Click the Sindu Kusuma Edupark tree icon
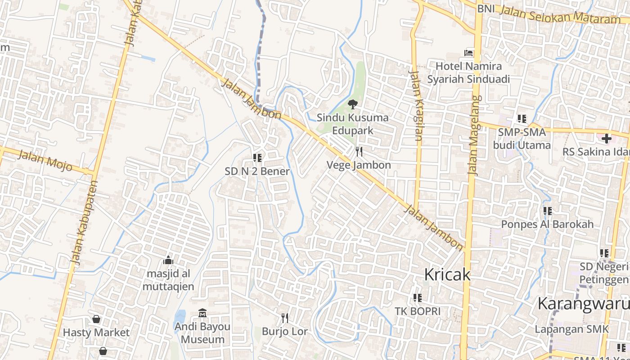pos(352,104)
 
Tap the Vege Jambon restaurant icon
pos(359,152)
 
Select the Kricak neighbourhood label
pos(447,274)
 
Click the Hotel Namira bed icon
pos(469,53)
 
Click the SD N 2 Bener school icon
pos(257,157)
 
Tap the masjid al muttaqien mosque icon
pos(168,260)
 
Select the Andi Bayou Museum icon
pos(202,313)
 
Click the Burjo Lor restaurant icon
pos(284,318)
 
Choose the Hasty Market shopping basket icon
pos(96,319)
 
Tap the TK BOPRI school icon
pos(418,297)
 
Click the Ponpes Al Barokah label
pos(548,224)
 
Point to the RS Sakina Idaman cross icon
pos(606,138)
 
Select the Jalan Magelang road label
pos(474,135)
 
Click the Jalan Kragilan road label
pos(415,106)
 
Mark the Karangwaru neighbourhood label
pos(583,304)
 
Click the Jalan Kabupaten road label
pos(84,222)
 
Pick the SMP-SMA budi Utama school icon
pos(522,119)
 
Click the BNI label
pos(486,9)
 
